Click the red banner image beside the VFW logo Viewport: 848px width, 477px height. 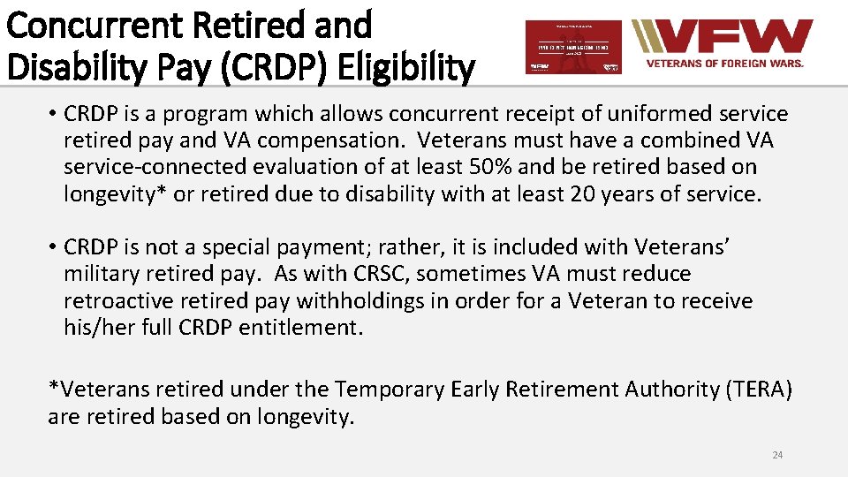[572, 47]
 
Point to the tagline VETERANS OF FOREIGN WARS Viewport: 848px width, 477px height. [724, 64]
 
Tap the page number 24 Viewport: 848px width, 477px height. [777, 455]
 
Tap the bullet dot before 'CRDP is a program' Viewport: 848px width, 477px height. [54, 114]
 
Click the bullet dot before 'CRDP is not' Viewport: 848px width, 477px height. [54, 247]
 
